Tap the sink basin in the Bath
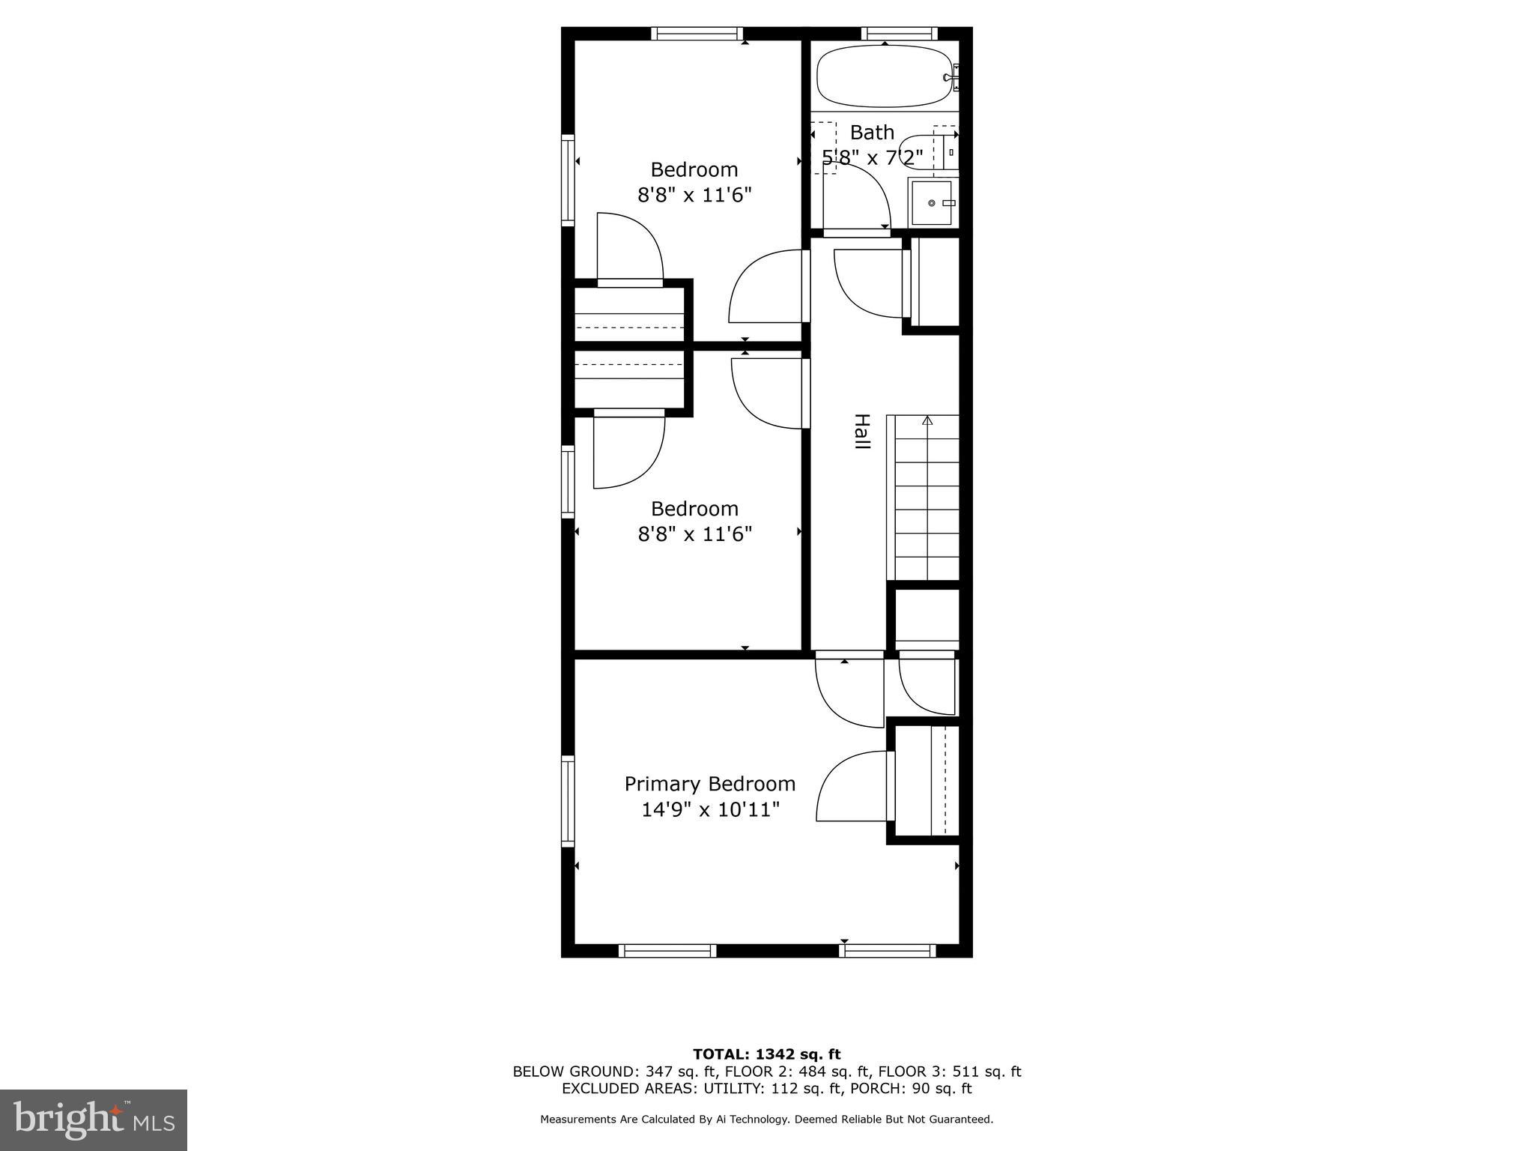pyautogui.click(x=932, y=202)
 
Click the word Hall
pyautogui.click(x=862, y=432)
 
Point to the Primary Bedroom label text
pyautogui.click(x=709, y=784)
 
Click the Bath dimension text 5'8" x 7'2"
pyautogui.click(x=872, y=157)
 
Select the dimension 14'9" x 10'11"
pyautogui.click(x=710, y=809)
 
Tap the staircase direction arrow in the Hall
pyautogui.click(x=927, y=420)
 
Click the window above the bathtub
pyautogui.click(x=899, y=33)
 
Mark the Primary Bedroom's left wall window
pyautogui.click(x=568, y=801)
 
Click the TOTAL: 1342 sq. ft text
pyautogui.click(x=766, y=1054)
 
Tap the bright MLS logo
pyautogui.click(x=94, y=1120)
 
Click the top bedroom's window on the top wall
pyautogui.click(x=697, y=33)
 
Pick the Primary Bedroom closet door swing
pyautogui.click(x=854, y=787)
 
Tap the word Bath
pyautogui.click(x=872, y=133)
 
